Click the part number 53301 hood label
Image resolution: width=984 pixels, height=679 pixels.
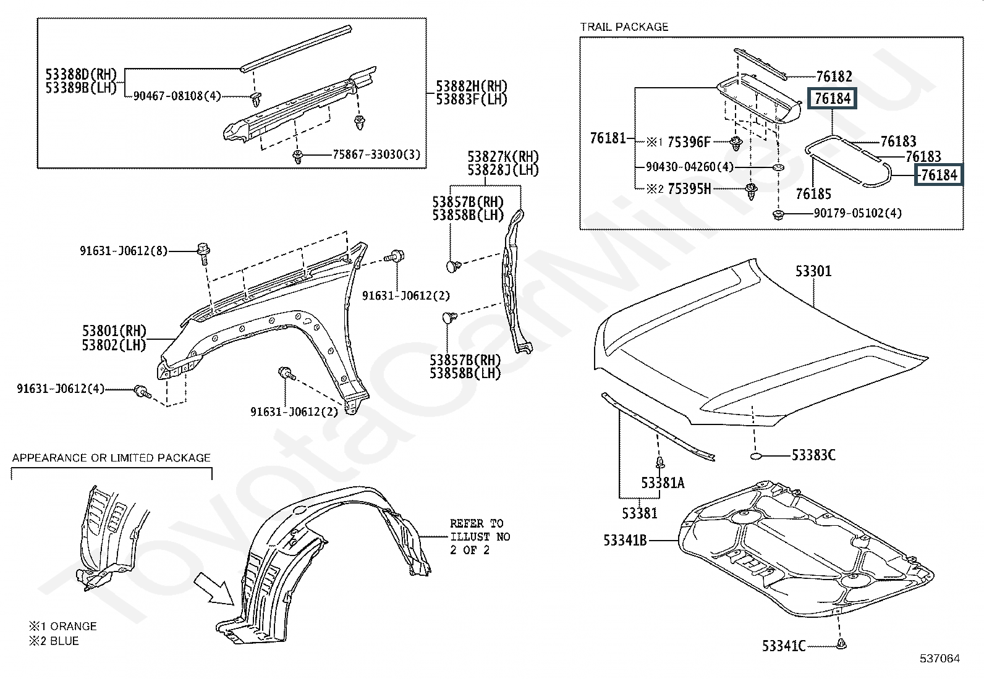point(813,271)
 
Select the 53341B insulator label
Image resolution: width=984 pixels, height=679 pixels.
point(625,540)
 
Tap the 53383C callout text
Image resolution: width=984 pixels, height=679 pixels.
point(813,455)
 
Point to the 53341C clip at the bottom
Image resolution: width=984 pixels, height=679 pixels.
point(841,644)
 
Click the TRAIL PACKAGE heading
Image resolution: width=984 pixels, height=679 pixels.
point(624,27)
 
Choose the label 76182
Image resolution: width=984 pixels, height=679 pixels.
point(834,77)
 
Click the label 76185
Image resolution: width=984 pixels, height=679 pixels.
point(813,193)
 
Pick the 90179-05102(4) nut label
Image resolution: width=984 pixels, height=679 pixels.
point(857,213)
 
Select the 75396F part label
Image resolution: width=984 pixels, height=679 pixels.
point(689,142)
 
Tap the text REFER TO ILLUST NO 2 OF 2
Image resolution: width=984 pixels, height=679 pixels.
point(480,537)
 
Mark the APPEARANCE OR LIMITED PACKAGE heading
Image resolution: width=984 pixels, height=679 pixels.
point(112,458)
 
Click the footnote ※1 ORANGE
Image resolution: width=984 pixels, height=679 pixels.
point(63,626)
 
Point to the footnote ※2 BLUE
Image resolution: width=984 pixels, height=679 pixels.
point(54,641)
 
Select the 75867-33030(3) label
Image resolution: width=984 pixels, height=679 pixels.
point(376,154)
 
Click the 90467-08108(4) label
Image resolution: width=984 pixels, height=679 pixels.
point(177,96)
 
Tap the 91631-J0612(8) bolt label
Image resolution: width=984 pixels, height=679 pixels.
point(124,251)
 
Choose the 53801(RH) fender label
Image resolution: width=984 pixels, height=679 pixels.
point(114,331)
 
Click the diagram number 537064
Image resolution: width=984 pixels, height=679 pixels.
point(940,659)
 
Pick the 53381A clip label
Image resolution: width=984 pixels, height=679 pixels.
point(663,483)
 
